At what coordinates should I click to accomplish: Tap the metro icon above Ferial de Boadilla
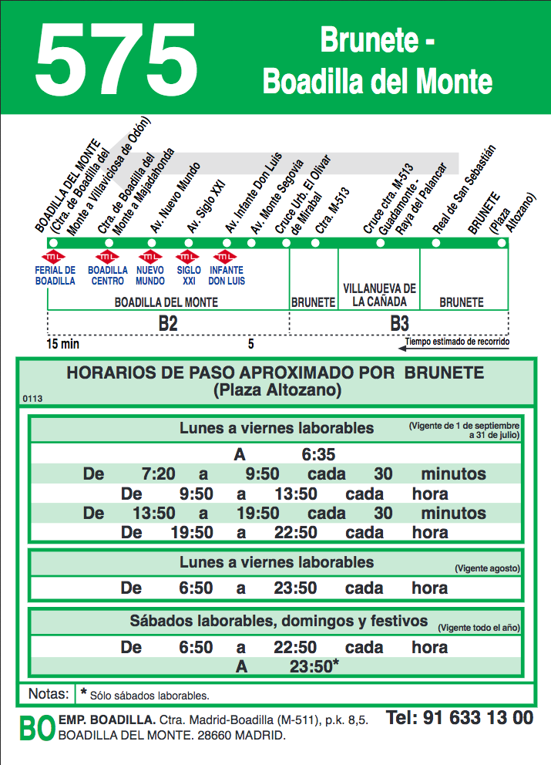(x=55, y=257)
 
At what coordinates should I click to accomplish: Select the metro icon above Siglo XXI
(x=188, y=257)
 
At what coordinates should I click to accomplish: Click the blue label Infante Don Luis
(x=226, y=276)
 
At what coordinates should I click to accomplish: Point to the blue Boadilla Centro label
(x=108, y=276)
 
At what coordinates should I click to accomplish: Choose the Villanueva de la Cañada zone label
(x=379, y=295)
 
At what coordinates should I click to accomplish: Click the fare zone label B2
(x=168, y=324)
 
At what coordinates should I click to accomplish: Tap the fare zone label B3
(x=399, y=324)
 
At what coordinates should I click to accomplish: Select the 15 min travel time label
(x=62, y=343)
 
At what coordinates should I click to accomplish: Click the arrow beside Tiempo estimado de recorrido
(x=402, y=348)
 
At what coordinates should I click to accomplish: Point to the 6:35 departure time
(x=318, y=454)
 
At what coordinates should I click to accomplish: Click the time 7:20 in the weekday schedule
(x=159, y=473)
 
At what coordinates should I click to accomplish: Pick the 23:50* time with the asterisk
(x=314, y=667)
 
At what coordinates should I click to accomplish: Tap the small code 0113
(x=33, y=399)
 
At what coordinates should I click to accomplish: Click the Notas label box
(x=47, y=693)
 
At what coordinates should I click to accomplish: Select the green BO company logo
(x=36, y=728)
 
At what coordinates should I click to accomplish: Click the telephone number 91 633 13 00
(x=459, y=718)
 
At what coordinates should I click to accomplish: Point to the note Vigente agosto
(x=487, y=569)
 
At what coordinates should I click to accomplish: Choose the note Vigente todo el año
(x=479, y=628)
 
